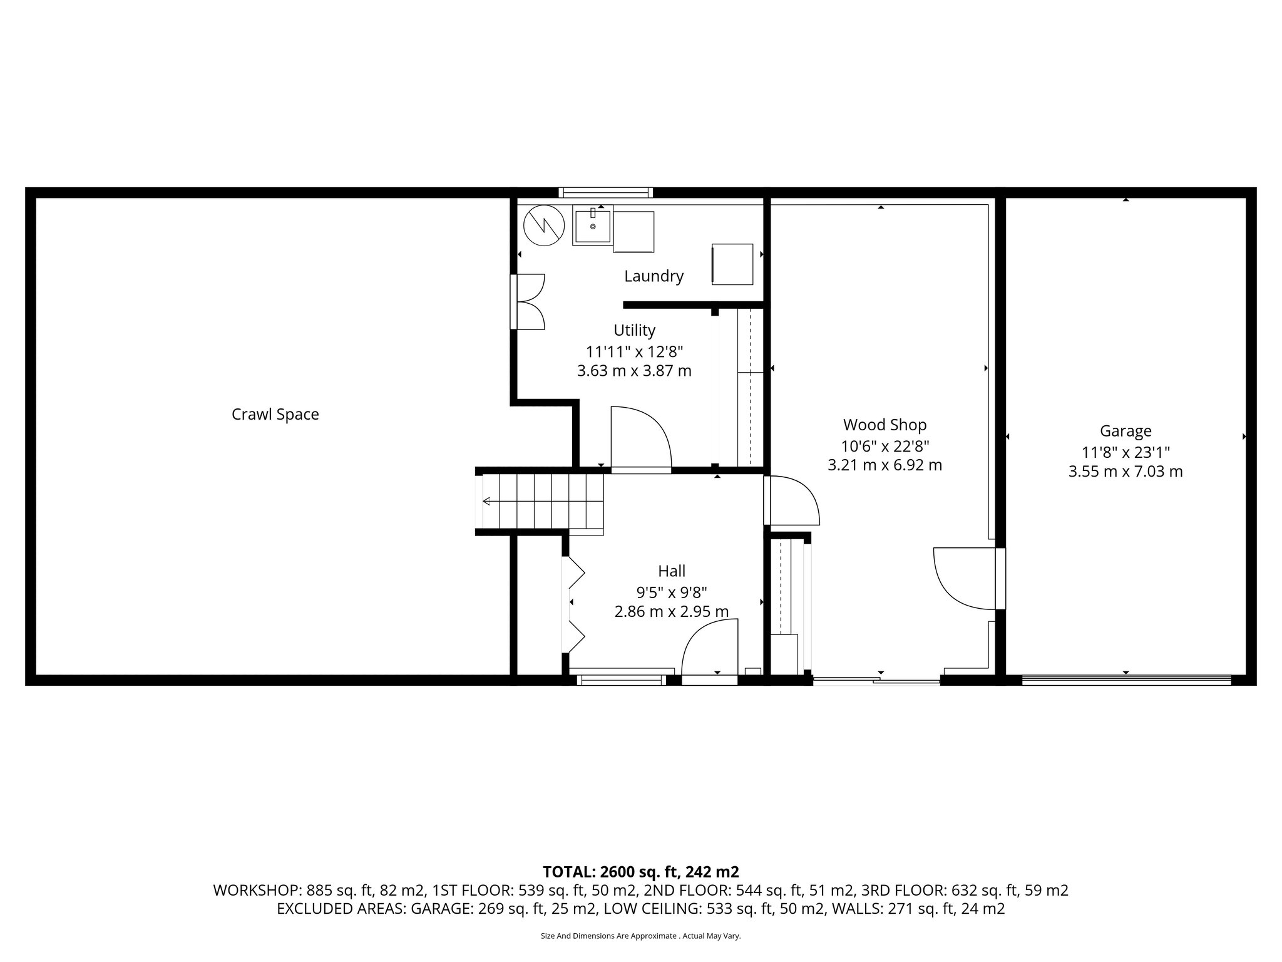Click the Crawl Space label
[x=275, y=415]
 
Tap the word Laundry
[x=654, y=276]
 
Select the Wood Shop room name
[x=885, y=425]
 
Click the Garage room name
[x=1126, y=431]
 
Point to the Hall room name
[x=671, y=571]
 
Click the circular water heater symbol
[x=544, y=225]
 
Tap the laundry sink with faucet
[x=592, y=226]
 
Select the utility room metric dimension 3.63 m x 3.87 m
[x=634, y=371]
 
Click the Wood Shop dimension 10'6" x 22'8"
[x=885, y=446]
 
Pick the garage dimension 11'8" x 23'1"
[x=1126, y=452]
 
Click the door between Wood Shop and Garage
[x=967, y=578]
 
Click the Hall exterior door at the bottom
[x=709, y=651]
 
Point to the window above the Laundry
[x=605, y=193]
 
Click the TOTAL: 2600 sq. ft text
[x=640, y=872]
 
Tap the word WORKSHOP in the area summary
[x=256, y=891]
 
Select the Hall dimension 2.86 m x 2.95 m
[x=671, y=612]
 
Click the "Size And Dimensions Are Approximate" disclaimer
[x=640, y=936]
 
